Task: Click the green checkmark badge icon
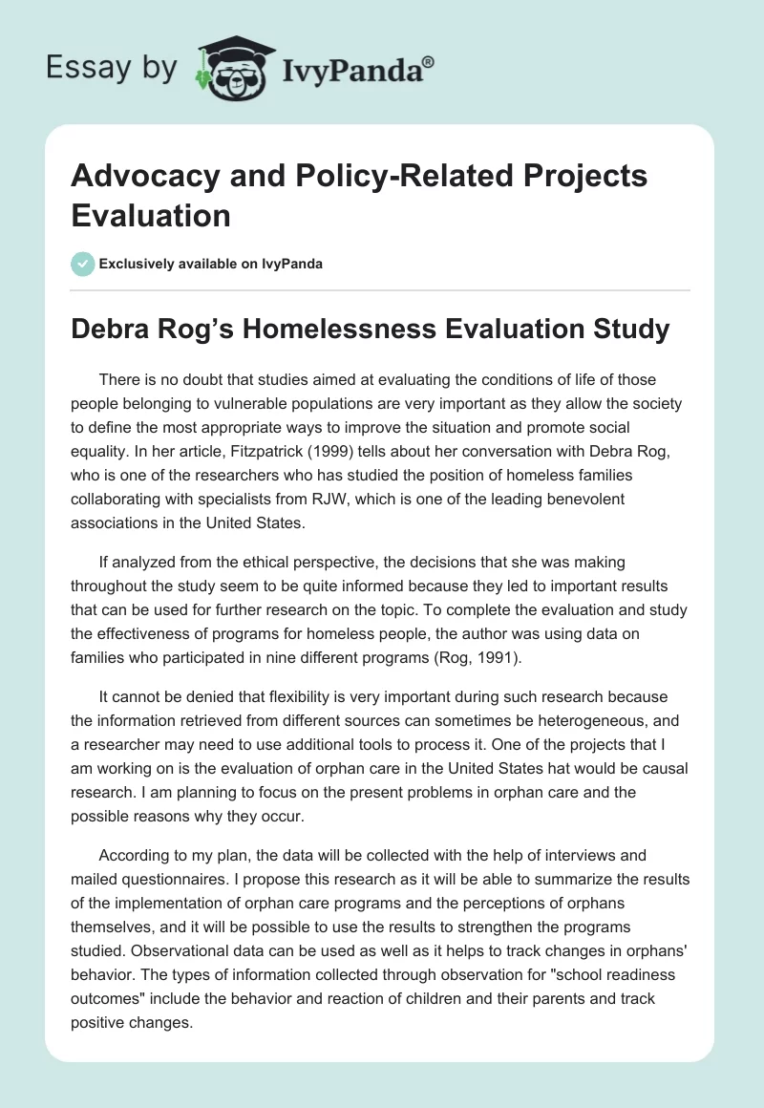82,264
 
